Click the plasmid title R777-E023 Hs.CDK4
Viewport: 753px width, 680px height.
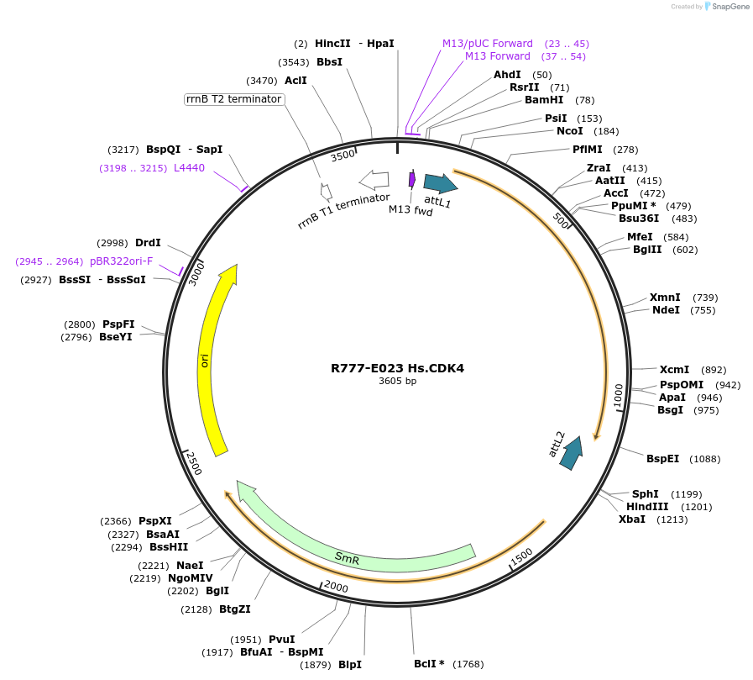click(x=397, y=368)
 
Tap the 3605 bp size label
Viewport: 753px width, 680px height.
click(x=397, y=381)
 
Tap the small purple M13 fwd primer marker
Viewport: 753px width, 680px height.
click(x=412, y=179)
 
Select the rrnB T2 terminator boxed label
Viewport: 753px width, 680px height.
click(x=234, y=99)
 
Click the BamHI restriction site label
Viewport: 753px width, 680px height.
click(x=544, y=100)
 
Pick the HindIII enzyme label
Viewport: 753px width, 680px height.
click(x=647, y=506)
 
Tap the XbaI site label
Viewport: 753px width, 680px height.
click(x=632, y=519)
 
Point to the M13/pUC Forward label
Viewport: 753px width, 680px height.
click(x=488, y=43)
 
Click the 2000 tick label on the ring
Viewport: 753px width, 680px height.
click(x=336, y=587)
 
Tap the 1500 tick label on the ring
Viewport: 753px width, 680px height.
click(x=521, y=556)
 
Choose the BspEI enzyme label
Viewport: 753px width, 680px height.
click(x=662, y=458)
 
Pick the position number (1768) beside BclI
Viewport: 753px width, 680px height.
click(x=468, y=664)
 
